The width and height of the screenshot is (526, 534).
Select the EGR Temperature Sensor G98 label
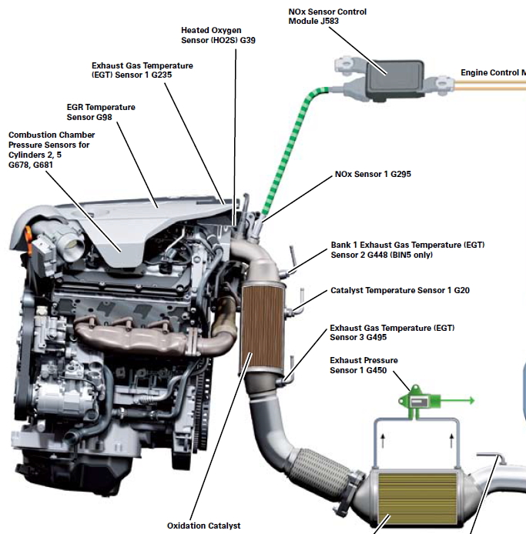point(101,112)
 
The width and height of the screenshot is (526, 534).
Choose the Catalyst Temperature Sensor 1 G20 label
point(400,291)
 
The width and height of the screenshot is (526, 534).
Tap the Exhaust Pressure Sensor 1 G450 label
point(364,365)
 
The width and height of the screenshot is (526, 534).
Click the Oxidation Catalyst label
point(203,526)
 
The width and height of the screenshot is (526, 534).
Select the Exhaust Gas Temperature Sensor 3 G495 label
point(392,332)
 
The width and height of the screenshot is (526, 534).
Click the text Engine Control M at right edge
point(493,72)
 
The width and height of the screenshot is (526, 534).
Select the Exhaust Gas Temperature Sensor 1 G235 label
point(142,71)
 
